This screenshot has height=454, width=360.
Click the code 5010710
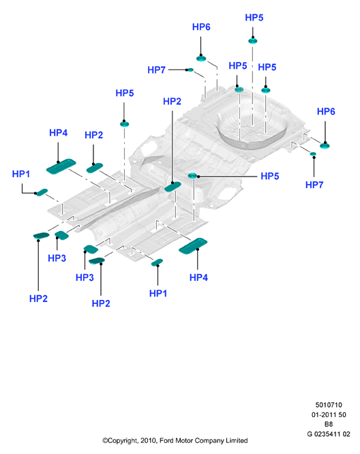329,405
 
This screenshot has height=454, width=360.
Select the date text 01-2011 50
329,414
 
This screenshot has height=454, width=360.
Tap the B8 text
329,424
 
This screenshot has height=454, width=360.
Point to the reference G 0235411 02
329,434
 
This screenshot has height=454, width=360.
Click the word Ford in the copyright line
166,440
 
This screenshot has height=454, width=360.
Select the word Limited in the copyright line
237,440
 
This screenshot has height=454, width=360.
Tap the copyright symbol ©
105,440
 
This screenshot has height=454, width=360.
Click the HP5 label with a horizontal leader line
269,176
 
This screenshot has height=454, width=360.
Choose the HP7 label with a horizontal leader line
156,70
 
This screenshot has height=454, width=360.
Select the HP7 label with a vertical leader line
314,185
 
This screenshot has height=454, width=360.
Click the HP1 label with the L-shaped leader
21,174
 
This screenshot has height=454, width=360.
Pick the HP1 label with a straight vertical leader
158,293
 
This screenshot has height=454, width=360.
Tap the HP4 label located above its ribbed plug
58,133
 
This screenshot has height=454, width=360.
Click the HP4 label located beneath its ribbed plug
198,277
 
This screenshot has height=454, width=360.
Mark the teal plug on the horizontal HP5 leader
192,176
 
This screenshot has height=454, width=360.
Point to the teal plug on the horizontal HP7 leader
190,70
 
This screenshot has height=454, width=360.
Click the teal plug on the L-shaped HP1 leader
42,192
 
